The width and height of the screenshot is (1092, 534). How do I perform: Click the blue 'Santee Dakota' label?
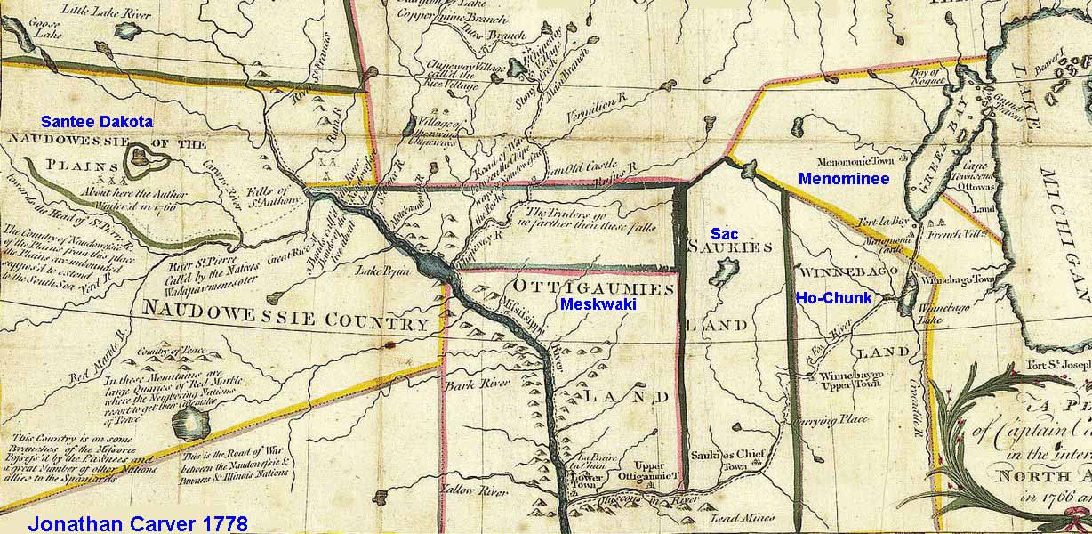(x=98, y=121)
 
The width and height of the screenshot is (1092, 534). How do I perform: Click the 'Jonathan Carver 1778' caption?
(x=138, y=522)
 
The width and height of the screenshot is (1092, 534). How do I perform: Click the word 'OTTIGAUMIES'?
(x=588, y=288)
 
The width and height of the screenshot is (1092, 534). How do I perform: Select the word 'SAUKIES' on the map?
(x=729, y=248)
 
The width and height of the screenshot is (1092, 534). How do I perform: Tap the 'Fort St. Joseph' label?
(x=1059, y=364)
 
